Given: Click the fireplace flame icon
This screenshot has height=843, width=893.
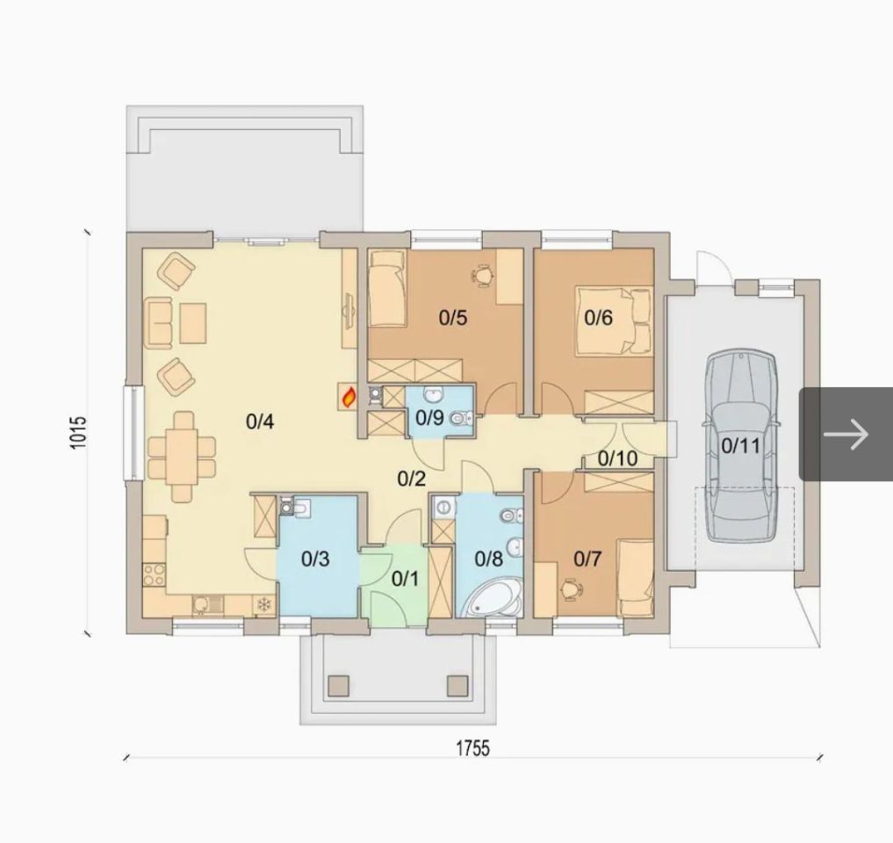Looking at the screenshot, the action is [x=349, y=396].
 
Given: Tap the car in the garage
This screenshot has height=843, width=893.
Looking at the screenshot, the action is [x=741, y=447].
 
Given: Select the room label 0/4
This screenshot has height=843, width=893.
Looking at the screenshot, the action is [x=260, y=421].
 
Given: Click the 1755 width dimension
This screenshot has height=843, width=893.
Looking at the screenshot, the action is [x=472, y=748].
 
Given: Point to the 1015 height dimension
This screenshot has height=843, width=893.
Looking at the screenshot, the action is [x=79, y=432].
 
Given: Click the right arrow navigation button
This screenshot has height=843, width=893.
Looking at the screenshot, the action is [x=846, y=434].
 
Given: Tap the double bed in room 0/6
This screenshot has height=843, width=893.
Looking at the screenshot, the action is [x=614, y=321].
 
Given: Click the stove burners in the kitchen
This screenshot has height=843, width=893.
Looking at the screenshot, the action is [x=154, y=574].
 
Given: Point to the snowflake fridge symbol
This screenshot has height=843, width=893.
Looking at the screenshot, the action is [x=263, y=604].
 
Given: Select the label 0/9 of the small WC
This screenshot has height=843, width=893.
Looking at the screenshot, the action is [x=429, y=418].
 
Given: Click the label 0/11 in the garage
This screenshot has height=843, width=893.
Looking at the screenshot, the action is [x=740, y=445].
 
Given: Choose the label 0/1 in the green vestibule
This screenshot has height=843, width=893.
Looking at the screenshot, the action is [x=405, y=579].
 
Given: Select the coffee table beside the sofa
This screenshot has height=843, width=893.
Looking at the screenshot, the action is [x=193, y=323].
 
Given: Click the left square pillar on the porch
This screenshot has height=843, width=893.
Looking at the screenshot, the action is [x=339, y=685].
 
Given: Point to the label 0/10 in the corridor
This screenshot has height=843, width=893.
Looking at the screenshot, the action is [x=618, y=458].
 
